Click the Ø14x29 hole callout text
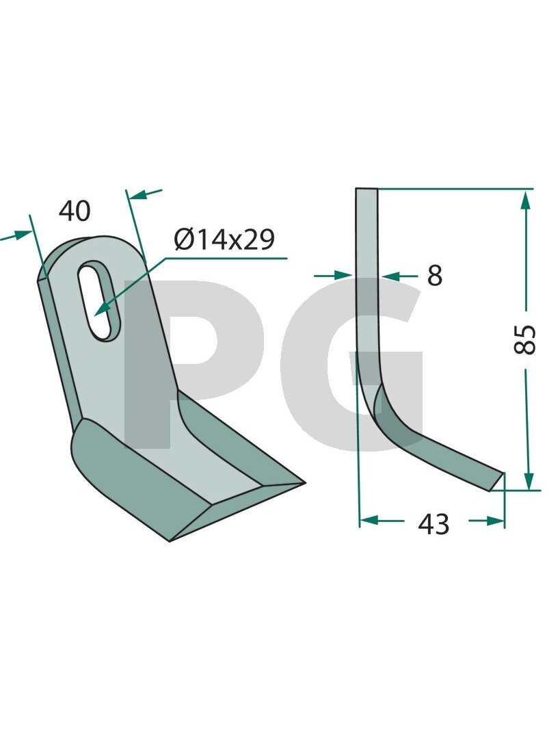(225, 239)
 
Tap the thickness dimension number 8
(434, 276)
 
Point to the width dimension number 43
(433, 524)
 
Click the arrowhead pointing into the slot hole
(103, 308)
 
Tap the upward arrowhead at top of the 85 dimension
(526, 200)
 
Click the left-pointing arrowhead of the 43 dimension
(371, 519)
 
